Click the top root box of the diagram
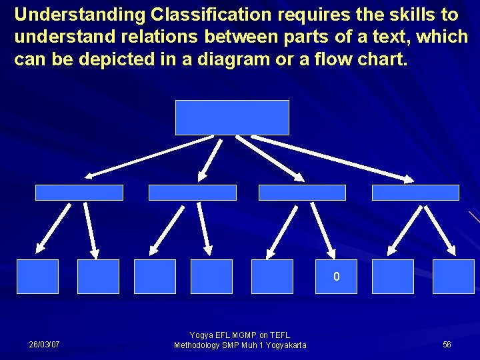pos(232,117)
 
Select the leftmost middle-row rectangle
pos(79,193)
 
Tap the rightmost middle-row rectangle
pos(415,193)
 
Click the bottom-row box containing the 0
pos(336,277)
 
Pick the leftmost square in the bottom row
pos(37,277)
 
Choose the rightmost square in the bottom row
pos(453,277)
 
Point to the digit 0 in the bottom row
pos(337,277)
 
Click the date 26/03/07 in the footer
pos(44,345)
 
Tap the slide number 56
pos(447,345)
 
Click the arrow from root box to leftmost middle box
pos(150,157)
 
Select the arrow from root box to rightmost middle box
pos(332,158)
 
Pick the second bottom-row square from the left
pos(98,277)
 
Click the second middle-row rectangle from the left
pos(192,193)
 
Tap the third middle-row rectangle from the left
pos(302,193)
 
